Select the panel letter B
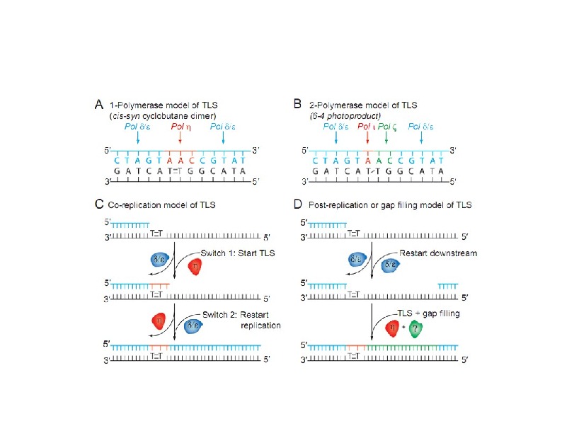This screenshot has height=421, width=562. click(299, 105)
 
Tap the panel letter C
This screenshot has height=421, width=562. click(101, 205)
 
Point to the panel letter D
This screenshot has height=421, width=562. click(299, 205)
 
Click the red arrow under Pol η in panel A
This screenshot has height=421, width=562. click(180, 140)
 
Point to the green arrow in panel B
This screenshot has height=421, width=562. click(386, 140)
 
